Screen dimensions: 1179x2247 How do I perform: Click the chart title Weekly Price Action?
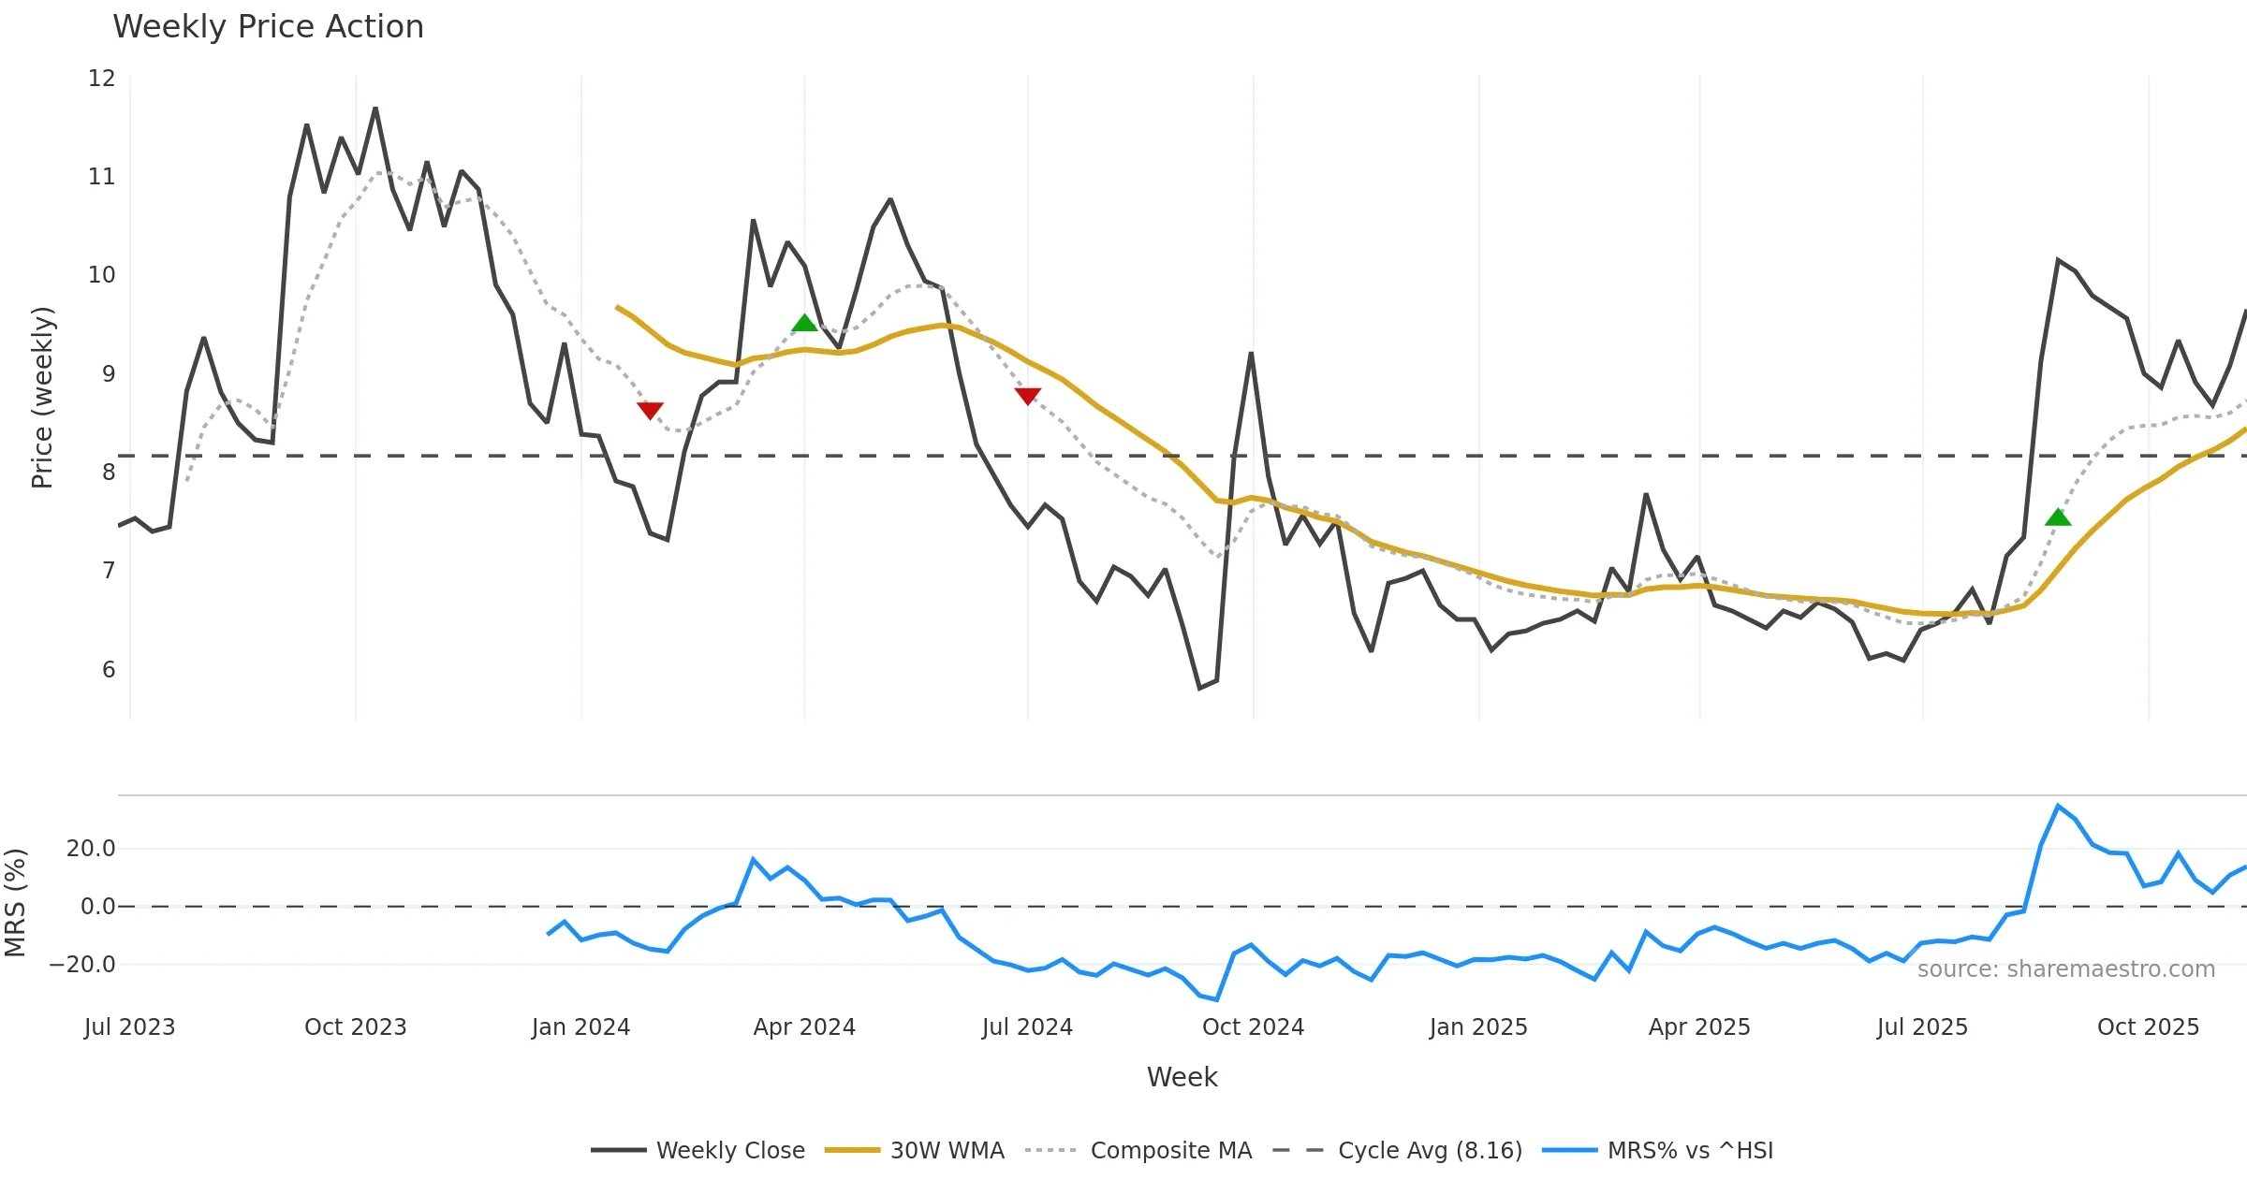coord(268,26)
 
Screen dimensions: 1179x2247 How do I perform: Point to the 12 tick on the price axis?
coord(101,79)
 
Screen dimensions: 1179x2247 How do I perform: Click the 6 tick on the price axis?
coord(109,670)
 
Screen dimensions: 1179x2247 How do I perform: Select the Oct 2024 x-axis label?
coord(1253,1027)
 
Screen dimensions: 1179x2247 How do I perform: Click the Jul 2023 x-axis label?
coord(129,1027)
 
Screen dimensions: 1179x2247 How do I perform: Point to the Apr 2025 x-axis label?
coord(1699,1027)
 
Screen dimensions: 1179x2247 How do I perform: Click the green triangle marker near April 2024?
coord(804,324)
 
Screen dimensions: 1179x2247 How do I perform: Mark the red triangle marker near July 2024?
coord(1028,396)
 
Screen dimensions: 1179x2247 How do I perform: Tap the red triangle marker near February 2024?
coord(650,410)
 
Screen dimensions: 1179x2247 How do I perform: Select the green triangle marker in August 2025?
coord(2058,517)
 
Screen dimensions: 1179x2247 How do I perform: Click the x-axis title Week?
coord(1182,1077)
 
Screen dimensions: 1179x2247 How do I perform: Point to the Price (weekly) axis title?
coord(42,398)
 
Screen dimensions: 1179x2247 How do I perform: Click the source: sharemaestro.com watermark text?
coord(2065,969)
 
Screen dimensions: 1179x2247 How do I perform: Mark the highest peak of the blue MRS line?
coord(2058,806)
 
